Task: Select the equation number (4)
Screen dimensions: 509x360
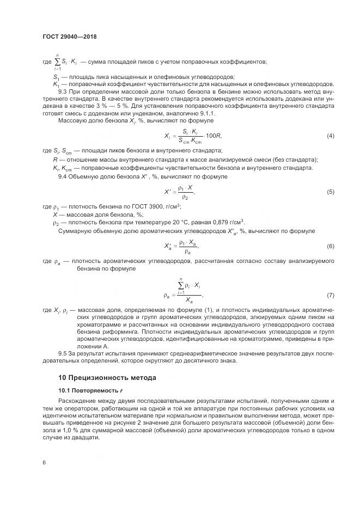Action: click(330, 135)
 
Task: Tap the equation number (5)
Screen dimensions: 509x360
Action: click(330, 192)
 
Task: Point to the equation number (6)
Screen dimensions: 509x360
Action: click(330, 246)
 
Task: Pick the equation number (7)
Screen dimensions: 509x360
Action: click(330, 295)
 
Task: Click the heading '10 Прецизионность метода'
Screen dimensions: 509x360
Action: click(107, 377)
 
